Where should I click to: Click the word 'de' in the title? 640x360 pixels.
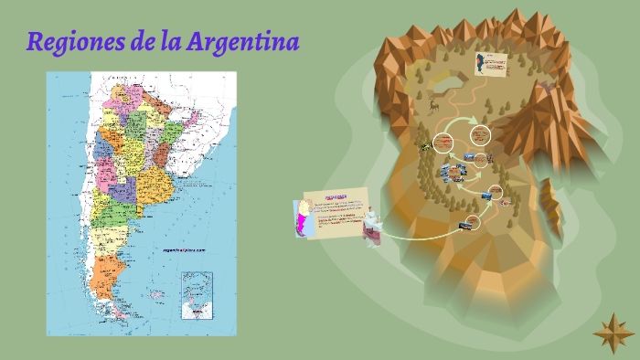[144, 42]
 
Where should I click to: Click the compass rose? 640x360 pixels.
[612, 333]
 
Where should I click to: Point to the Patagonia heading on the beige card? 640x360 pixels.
[337, 196]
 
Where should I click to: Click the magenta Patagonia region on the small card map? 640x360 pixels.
[303, 222]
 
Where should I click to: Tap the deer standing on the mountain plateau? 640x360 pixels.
[433, 106]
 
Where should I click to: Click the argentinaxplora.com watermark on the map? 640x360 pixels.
[184, 249]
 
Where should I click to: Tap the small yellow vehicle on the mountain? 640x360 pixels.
[425, 146]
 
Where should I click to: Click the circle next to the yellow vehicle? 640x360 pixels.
[444, 142]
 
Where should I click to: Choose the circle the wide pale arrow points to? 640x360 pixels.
[480, 135]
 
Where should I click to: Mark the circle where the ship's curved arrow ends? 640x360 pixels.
[472, 222]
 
